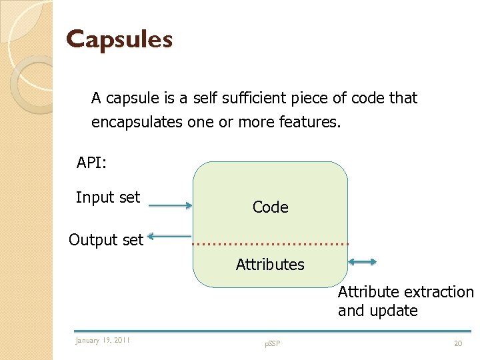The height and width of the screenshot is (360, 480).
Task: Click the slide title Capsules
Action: [119, 39]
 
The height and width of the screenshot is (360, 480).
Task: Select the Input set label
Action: [108, 197]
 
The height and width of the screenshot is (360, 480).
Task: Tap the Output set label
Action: [106, 240]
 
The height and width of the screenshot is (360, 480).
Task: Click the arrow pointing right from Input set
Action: [169, 206]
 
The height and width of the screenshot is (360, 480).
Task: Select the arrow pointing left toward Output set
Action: [169, 235]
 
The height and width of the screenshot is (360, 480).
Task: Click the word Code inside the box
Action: [270, 207]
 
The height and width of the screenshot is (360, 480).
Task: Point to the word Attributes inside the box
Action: [270, 265]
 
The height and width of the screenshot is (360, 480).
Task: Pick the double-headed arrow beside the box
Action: [362, 263]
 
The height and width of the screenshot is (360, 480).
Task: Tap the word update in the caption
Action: [397, 311]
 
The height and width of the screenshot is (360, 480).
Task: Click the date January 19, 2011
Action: [103, 341]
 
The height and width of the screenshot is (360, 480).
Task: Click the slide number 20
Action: [457, 343]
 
